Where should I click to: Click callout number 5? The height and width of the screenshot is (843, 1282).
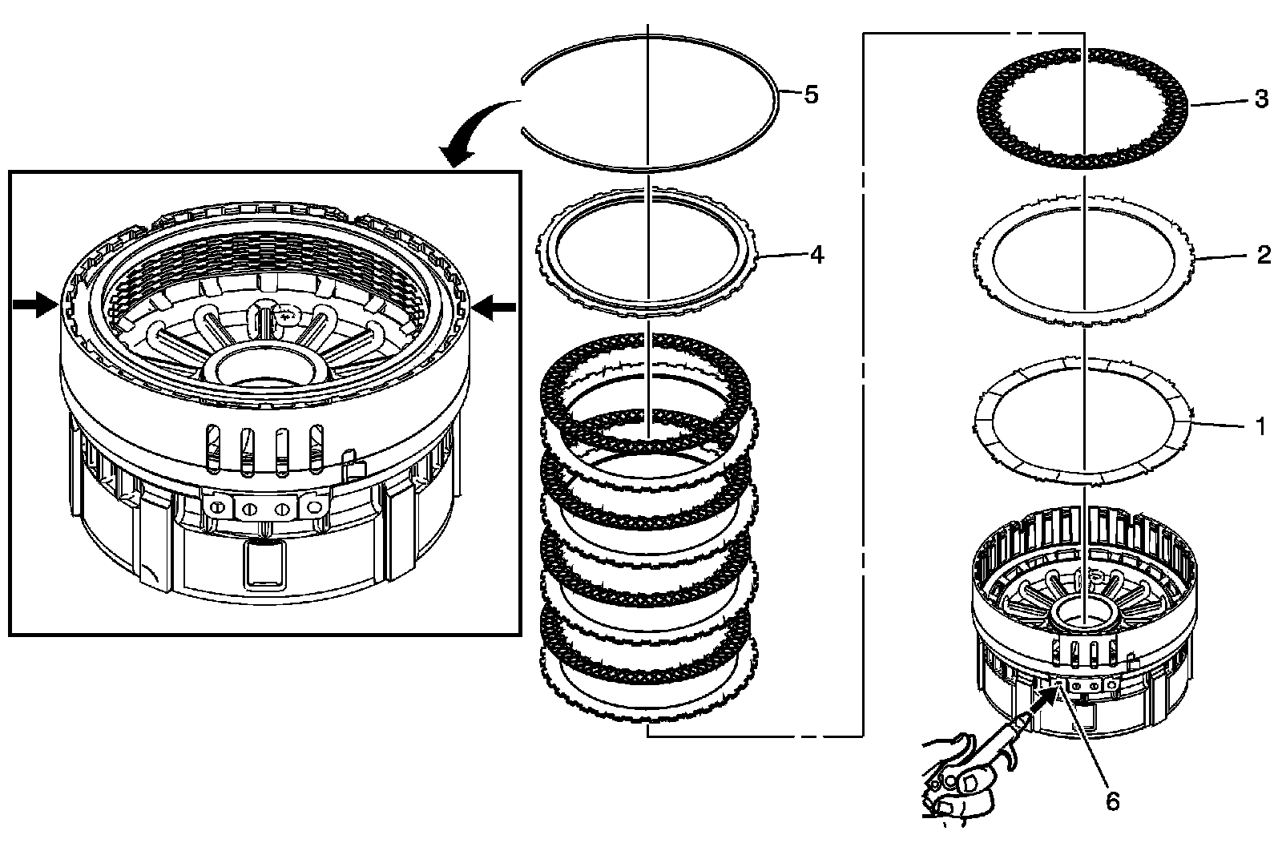tap(811, 95)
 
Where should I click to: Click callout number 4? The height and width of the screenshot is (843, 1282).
tap(816, 255)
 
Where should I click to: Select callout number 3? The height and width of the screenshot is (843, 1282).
tap(1261, 99)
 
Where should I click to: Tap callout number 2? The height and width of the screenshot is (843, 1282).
tap(1264, 255)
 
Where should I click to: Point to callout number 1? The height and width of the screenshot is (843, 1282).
tap(1260, 426)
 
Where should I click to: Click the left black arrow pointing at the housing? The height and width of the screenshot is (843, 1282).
tap(35, 304)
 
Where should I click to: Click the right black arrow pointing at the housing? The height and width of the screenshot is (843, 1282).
tap(494, 308)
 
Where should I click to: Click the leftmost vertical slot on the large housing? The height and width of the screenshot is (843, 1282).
tap(212, 448)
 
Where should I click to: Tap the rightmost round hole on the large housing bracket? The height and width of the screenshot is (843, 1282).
tap(314, 506)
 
